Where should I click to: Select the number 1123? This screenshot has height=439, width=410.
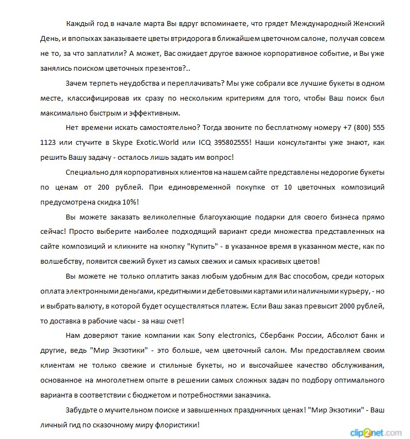pos(49,142)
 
